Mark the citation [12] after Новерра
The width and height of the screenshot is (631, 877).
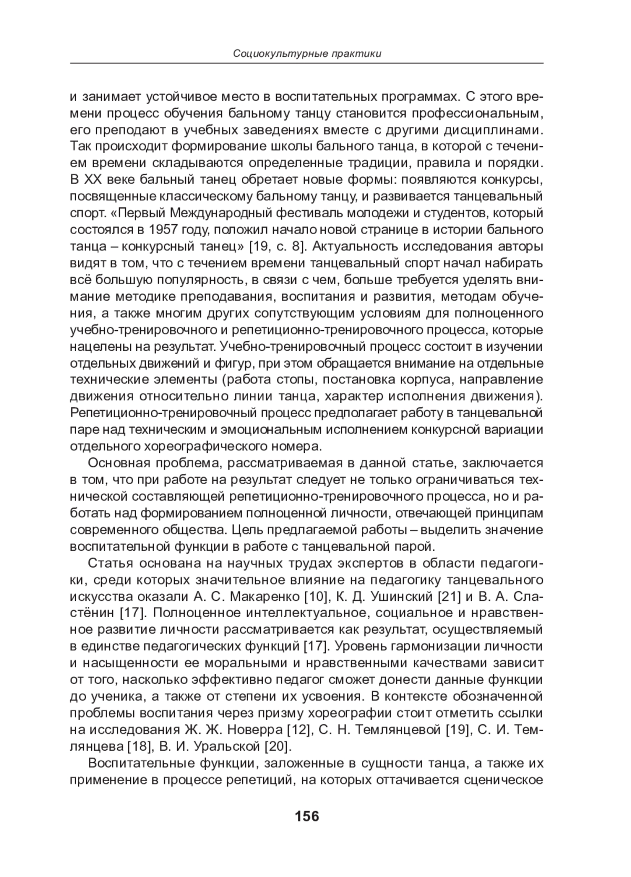point(299,730)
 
